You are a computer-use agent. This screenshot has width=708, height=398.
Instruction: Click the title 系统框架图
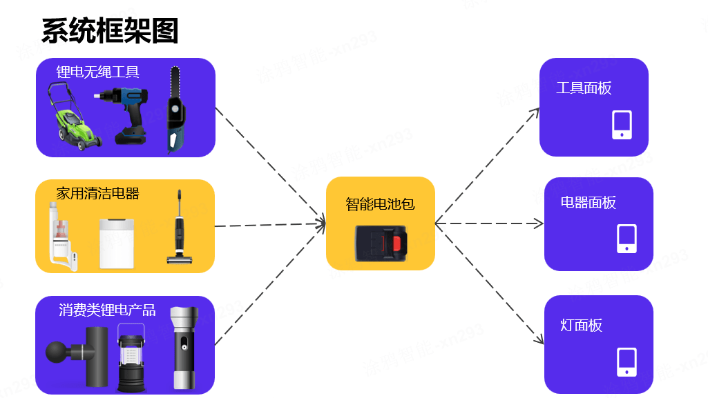click(x=111, y=31)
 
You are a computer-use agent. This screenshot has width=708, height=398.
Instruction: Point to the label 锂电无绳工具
click(x=97, y=72)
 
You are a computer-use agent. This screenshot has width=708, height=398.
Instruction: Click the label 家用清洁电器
click(x=97, y=193)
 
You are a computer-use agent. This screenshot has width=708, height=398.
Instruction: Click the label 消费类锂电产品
click(x=107, y=310)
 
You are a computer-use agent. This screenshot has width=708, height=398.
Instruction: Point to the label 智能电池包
click(x=380, y=204)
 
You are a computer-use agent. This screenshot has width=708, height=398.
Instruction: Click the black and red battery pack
click(x=381, y=242)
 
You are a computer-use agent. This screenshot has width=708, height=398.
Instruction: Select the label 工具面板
click(x=584, y=88)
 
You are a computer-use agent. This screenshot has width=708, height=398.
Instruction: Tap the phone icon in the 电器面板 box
click(x=626, y=239)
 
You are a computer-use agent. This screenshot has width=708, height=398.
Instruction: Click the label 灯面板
click(x=581, y=325)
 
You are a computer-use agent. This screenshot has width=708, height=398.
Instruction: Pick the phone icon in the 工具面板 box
click(x=622, y=125)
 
